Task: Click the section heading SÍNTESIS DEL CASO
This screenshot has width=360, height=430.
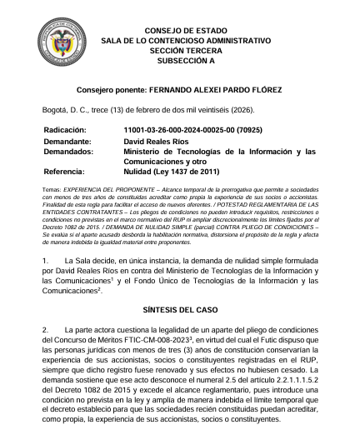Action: pos(179,308)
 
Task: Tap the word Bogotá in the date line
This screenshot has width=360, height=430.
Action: pos(57,110)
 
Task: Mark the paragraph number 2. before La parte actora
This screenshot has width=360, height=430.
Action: pos(46,330)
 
